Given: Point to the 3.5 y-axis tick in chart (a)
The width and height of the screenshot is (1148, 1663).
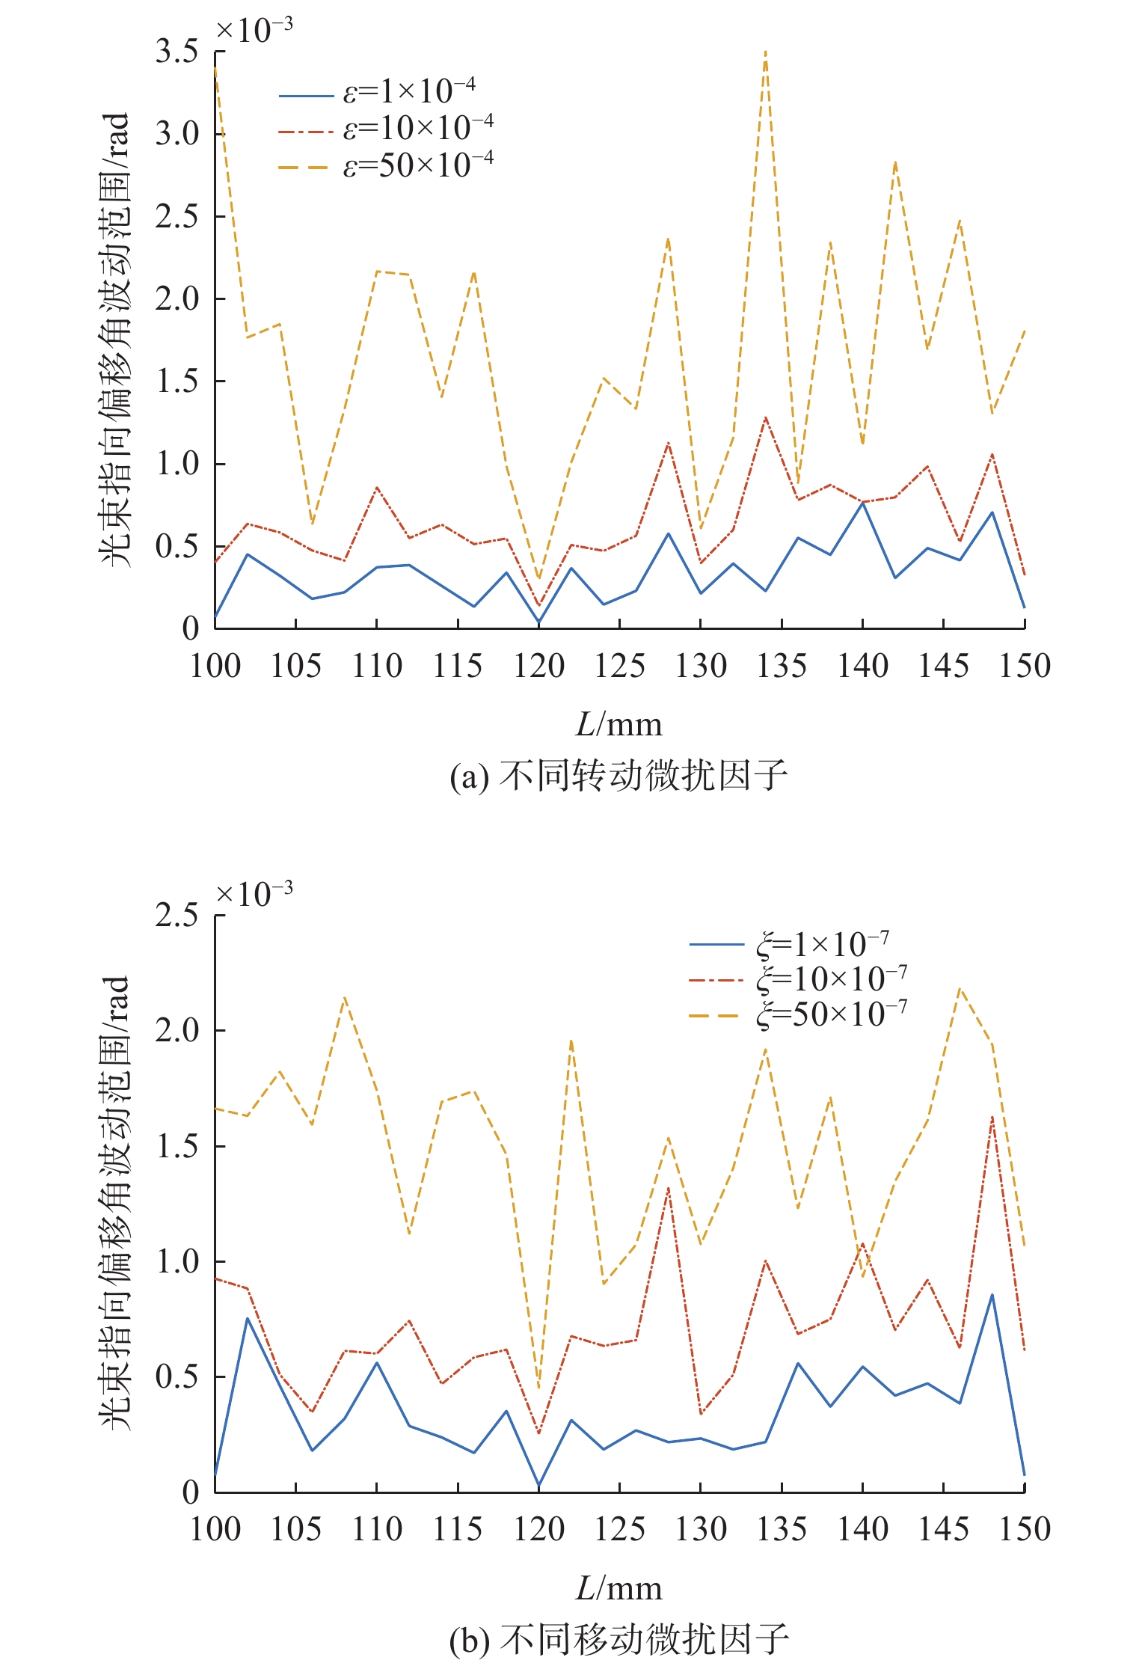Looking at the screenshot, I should pos(177,52).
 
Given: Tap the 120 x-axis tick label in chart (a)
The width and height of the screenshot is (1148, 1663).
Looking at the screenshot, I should pos(538,666).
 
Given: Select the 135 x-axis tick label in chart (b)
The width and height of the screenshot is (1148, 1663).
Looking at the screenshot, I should pos(782,1529).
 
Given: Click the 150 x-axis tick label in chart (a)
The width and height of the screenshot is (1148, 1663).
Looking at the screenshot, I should pos(1025,666).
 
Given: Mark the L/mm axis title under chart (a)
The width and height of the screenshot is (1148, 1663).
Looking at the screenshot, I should pos(618,724).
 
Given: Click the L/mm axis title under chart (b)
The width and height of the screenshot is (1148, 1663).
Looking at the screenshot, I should pos(618,1587).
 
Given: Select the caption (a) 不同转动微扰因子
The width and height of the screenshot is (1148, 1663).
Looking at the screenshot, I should pos(618,776).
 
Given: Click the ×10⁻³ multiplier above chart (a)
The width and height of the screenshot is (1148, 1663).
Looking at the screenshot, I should pos(254,30).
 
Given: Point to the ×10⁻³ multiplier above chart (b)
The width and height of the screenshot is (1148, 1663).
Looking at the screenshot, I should pos(254,893).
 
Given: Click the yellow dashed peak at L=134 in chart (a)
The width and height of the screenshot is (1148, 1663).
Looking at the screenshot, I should pos(765,52).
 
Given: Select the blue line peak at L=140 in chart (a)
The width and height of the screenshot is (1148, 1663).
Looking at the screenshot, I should pos(862,503).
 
